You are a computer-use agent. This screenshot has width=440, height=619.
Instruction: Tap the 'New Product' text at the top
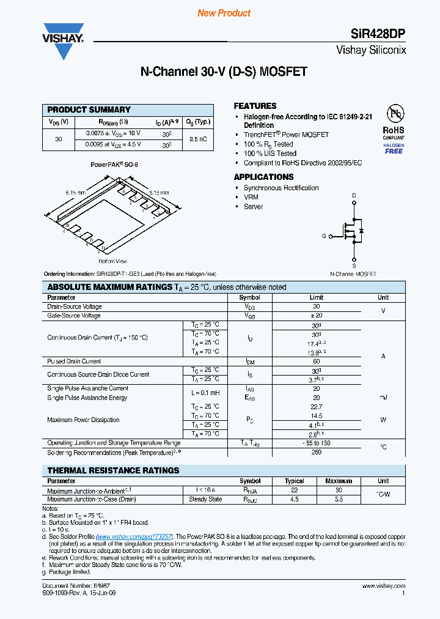tap(224, 13)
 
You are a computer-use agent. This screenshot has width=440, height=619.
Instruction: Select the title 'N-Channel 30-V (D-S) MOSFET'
tap(224, 72)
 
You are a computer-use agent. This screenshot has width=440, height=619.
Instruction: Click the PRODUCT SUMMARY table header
tap(89, 109)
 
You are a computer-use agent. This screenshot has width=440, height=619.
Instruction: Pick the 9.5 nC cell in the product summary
tap(198, 139)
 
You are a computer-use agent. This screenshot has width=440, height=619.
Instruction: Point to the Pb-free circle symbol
tap(394, 113)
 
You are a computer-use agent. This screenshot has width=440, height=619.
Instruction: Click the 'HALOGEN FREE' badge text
tap(394, 147)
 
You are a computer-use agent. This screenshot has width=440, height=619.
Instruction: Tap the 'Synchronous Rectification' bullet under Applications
tap(281, 188)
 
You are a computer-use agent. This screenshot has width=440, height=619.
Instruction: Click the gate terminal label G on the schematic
tap(324, 235)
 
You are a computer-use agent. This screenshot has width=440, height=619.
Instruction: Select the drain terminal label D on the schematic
tap(353, 196)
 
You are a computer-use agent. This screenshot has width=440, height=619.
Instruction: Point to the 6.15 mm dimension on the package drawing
tap(75, 193)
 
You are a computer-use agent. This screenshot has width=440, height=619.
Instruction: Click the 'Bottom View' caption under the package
tap(112, 261)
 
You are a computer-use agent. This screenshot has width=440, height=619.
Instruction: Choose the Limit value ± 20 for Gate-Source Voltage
tap(316, 316)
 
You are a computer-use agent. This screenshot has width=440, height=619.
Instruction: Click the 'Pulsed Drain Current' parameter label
tap(74, 361)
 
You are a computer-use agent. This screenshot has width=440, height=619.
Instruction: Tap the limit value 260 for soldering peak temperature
tap(316, 453)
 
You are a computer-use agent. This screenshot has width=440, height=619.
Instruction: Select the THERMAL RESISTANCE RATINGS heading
tap(113, 470)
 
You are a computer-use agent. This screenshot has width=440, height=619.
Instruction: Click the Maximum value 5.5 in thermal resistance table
tap(338, 499)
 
